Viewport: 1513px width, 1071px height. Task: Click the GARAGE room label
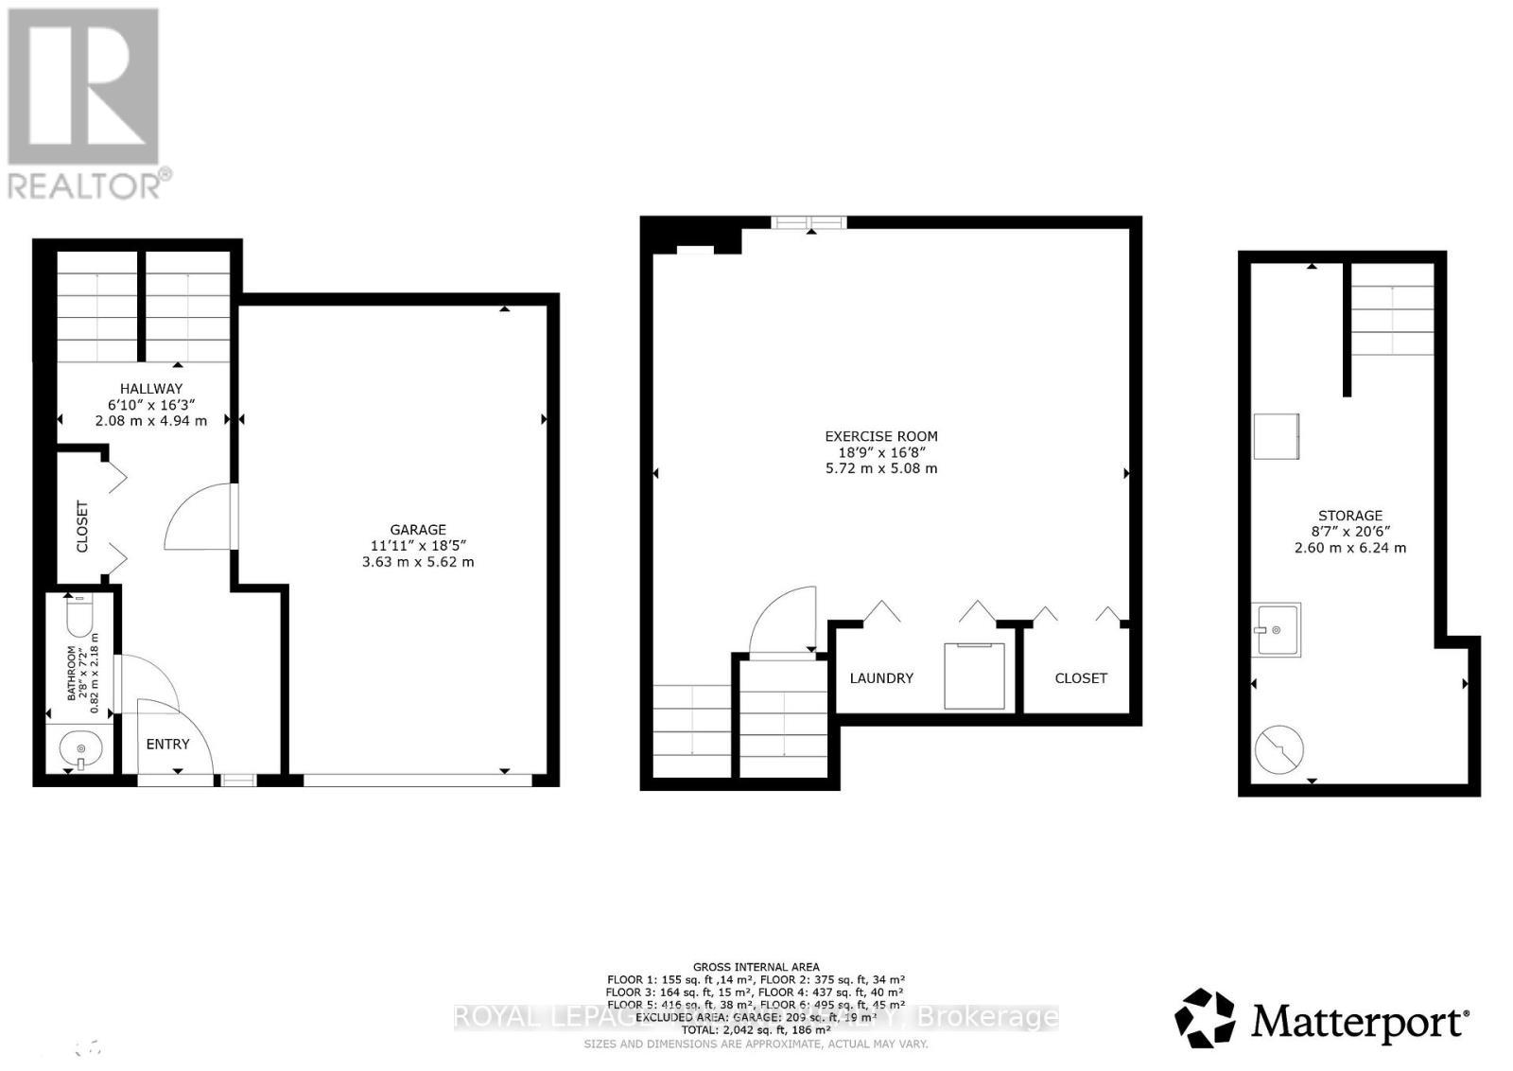[417, 530]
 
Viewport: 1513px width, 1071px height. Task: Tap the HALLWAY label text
[150, 388]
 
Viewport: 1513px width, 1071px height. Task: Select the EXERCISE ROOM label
[880, 436]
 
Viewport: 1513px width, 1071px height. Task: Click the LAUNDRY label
[880, 678]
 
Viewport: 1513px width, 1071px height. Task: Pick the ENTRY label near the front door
[167, 745]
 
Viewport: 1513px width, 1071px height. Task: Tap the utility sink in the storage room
[1276, 629]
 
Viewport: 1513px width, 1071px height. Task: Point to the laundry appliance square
[974, 676]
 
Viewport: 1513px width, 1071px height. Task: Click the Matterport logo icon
[1205, 1018]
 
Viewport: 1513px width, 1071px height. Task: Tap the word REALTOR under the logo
[85, 184]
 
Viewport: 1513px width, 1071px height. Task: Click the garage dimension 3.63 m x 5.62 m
[417, 562]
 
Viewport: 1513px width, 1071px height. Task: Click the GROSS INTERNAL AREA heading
[756, 967]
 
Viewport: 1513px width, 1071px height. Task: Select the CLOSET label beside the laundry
[1080, 678]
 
